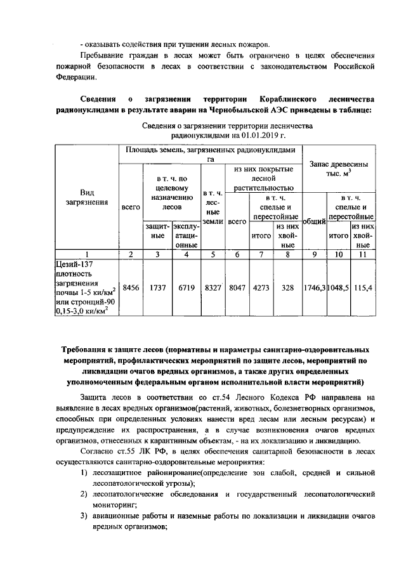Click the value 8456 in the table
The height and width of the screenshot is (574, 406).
click(x=130, y=287)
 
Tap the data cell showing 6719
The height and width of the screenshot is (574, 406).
click(x=186, y=287)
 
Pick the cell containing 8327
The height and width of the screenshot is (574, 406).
click(x=214, y=287)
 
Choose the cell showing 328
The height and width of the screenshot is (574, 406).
click(x=288, y=287)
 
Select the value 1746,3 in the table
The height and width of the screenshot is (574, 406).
click(x=315, y=287)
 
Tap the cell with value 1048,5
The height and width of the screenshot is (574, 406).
click(x=339, y=287)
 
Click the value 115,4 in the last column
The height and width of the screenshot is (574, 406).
click(x=363, y=287)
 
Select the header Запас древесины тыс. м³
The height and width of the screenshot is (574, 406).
click(x=339, y=169)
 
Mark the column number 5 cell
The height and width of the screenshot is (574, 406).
click(x=213, y=254)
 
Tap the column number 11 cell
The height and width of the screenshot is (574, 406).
click(x=363, y=254)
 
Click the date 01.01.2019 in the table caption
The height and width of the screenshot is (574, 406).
click(x=258, y=136)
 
